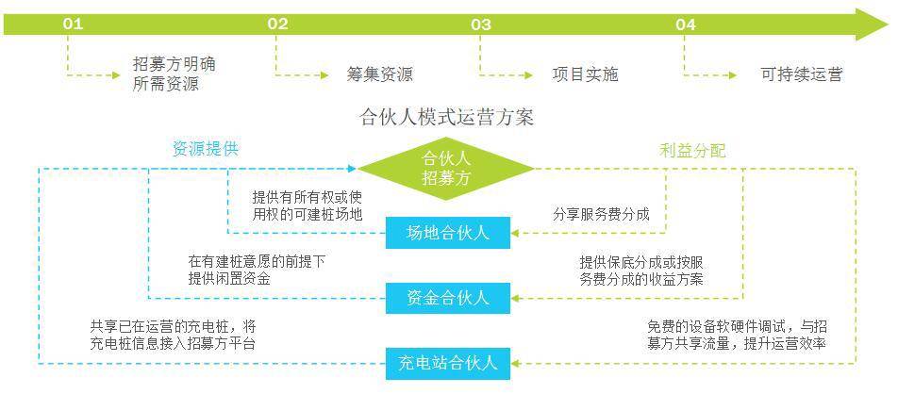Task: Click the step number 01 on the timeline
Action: [73, 25]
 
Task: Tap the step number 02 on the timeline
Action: [277, 25]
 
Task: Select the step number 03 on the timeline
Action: [481, 25]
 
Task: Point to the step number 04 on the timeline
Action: [686, 25]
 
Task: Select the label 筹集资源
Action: [379, 74]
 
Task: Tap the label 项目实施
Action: [585, 74]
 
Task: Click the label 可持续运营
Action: [801, 74]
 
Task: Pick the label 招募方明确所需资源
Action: [174, 74]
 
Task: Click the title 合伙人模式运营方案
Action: [447, 118]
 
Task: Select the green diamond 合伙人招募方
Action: [447, 169]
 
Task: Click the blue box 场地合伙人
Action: [448, 232]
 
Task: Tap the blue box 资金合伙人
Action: [448, 298]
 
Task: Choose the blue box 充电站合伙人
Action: [448, 363]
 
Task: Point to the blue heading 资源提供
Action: [205, 149]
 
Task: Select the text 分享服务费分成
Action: [601, 214]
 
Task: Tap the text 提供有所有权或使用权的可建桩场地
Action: [307, 205]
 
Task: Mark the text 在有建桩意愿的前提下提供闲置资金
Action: [257, 270]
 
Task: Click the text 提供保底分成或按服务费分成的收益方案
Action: [640, 271]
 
